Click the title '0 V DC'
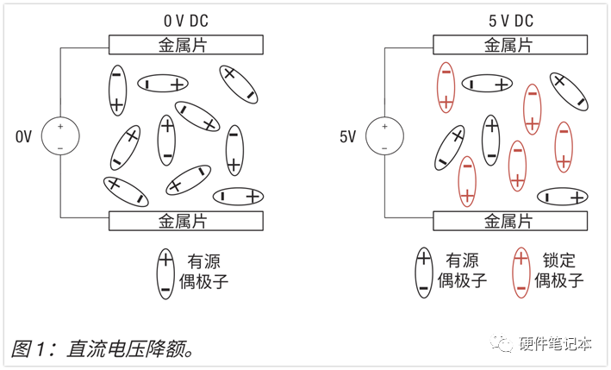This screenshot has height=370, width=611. click(x=186, y=21)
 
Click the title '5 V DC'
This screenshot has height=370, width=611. click(x=511, y=21)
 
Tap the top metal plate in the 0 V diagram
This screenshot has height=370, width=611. click(x=186, y=45)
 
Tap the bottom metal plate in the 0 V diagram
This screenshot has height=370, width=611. click(x=186, y=221)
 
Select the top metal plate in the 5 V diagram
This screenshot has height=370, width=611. click(x=510, y=45)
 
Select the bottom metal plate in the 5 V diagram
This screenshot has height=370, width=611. click(x=510, y=221)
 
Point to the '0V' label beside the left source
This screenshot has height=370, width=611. click(x=23, y=136)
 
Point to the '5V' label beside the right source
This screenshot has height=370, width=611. click(x=347, y=136)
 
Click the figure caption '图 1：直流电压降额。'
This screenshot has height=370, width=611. click(x=102, y=348)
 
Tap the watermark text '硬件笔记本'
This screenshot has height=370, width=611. click(x=555, y=343)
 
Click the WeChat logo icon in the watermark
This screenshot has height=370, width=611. click(x=502, y=343)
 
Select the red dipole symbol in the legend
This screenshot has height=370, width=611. click(x=521, y=273)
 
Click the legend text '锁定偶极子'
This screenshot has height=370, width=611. click(x=558, y=270)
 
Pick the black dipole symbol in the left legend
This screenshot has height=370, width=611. click(x=165, y=274)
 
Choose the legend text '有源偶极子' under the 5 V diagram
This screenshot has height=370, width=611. click(x=462, y=270)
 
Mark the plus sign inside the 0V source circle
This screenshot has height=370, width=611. click(x=60, y=126)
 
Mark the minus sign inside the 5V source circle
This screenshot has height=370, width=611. click(x=384, y=148)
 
